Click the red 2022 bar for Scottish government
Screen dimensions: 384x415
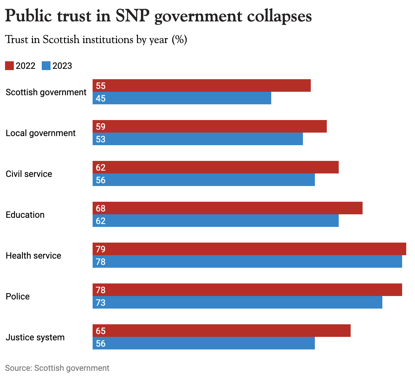click(202, 85)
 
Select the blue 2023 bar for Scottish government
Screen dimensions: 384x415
click(182, 98)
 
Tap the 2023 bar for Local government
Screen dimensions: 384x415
click(198, 139)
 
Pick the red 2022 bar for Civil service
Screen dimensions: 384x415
click(216, 167)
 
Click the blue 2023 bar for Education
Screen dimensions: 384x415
click(216, 221)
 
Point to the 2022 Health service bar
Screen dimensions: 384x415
click(249, 249)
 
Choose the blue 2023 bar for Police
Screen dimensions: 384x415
click(237, 302)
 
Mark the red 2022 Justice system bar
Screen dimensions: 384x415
click(222, 331)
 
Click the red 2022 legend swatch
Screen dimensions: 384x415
click(9, 66)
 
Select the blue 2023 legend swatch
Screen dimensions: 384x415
click(46, 66)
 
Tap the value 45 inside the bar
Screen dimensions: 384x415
click(101, 98)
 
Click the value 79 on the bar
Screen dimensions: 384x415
click(101, 249)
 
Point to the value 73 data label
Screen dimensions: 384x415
click(101, 303)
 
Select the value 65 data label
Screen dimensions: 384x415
click(101, 331)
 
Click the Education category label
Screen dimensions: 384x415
click(25, 215)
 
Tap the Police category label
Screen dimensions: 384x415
click(18, 296)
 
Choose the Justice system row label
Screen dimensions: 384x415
click(35, 337)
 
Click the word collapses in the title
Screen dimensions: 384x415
click(280, 16)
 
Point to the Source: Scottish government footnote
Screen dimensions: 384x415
click(57, 368)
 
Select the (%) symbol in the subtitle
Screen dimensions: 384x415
click(179, 40)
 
